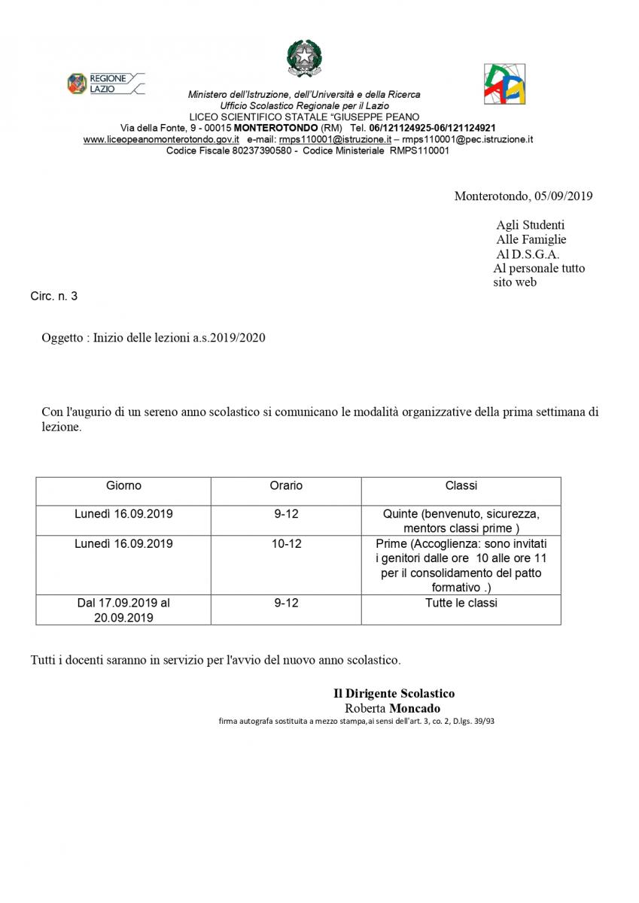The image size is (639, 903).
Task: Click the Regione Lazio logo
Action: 105,84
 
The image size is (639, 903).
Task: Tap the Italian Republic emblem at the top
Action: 304,58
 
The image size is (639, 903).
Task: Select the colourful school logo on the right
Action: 504,84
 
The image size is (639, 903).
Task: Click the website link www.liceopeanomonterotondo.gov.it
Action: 161,139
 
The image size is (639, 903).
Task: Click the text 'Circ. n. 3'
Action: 53,296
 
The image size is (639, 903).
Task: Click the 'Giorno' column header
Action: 123,486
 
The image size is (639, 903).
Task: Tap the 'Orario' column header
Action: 286,486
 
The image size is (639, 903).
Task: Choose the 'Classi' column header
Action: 461,486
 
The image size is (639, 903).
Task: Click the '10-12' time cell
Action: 286,543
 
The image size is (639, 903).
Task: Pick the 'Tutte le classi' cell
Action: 461,603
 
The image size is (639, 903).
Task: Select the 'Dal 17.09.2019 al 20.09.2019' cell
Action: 123,610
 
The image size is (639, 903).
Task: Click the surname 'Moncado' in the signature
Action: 415,708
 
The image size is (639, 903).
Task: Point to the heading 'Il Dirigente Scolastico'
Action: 394,694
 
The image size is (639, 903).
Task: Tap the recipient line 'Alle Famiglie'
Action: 531,239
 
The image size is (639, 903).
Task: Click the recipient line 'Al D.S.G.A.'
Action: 528,254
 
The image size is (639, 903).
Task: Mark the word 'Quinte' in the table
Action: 400,514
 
